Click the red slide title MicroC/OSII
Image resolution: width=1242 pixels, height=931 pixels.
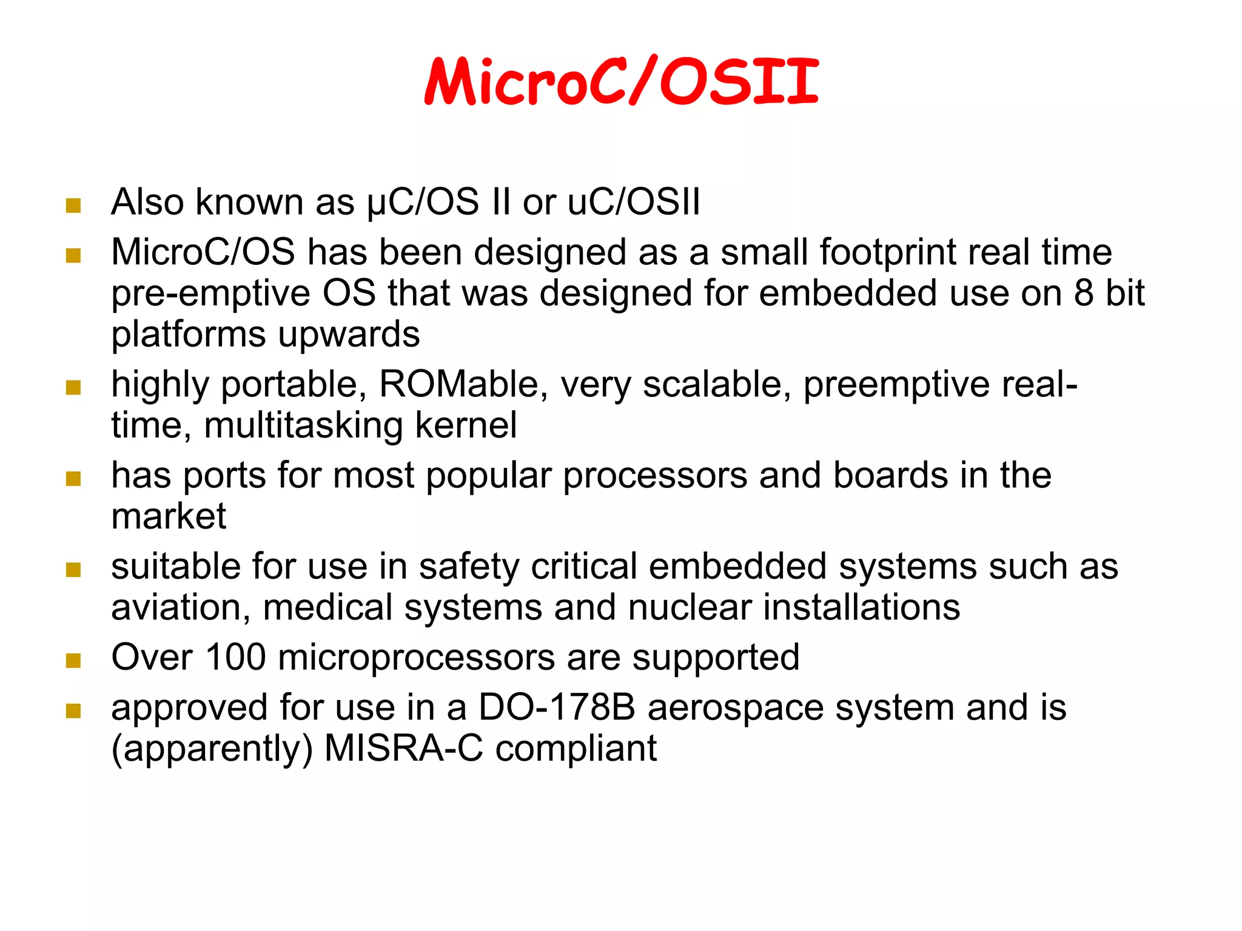(x=622, y=82)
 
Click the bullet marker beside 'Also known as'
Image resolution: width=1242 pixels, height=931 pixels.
(x=73, y=205)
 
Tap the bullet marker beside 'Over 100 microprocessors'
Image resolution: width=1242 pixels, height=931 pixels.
(x=73, y=661)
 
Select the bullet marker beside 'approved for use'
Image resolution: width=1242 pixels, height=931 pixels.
(x=73, y=711)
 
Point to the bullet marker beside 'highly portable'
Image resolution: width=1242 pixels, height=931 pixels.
(x=73, y=387)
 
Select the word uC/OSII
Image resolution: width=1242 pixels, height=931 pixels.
(x=634, y=202)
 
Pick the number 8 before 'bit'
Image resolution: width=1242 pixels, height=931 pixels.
(x=1084, y=293)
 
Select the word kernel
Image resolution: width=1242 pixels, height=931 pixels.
(x=466, y=425)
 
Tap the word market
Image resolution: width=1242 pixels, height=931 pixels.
(x=169, y=516)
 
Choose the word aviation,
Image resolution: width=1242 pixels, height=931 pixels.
(x=181, y=607)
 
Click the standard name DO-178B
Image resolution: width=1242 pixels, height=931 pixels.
(x=557, y=708)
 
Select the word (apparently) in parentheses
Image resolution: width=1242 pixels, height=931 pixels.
(x=212, y=749)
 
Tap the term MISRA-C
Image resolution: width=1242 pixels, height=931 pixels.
(x=404, y=749)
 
